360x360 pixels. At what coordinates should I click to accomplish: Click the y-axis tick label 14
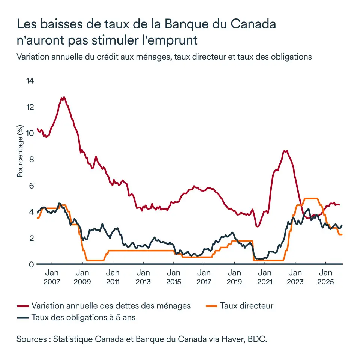30,81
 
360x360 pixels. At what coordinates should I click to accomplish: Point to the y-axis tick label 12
30,107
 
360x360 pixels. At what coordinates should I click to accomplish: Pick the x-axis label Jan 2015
173,276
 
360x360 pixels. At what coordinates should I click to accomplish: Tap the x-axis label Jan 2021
265,276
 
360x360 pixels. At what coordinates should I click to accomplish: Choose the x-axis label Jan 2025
325,276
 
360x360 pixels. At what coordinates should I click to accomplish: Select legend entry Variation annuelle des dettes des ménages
111,306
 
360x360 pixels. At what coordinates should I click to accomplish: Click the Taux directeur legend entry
247,306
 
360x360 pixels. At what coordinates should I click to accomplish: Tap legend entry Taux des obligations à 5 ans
83,317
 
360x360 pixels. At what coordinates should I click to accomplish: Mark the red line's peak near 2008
64,97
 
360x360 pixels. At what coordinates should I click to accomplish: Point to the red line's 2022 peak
286,151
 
